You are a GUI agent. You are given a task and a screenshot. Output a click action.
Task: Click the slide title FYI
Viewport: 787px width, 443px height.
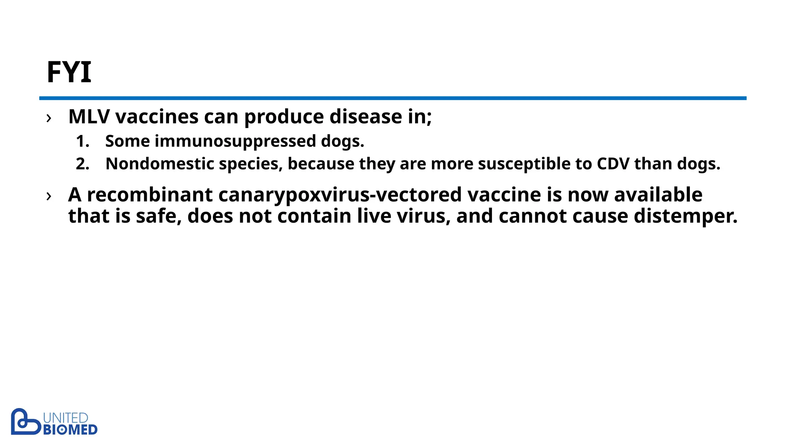(x=69, y=72)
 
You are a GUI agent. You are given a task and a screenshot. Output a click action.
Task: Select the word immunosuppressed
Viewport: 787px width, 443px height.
(x=235, y=141)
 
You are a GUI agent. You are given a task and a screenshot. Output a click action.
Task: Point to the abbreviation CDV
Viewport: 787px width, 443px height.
(x=613, y=164)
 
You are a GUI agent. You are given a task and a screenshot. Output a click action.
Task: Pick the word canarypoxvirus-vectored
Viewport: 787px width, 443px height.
(x=340, y=195)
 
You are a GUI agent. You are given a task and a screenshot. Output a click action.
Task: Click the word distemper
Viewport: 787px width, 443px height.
(x=686, y=216)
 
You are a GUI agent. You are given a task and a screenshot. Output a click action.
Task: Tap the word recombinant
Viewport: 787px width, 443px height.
(x=149, y=195)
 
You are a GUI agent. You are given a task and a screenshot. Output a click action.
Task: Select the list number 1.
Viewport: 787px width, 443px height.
(x=82, y=142)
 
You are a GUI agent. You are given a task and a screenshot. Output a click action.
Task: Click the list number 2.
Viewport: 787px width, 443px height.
(x=82, y=164)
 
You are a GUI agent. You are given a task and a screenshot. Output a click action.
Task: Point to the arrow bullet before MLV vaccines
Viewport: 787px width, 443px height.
(x=49, y=118)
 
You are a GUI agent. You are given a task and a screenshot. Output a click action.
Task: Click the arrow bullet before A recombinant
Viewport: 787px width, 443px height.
(x=49, y=196)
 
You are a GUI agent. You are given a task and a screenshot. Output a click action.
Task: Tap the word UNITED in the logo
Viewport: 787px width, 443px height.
(x=66, y=418)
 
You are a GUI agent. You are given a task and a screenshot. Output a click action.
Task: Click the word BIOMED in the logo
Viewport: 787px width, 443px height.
(x=70, y=430)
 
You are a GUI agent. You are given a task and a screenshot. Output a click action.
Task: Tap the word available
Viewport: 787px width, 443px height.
(x=658, y=195)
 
